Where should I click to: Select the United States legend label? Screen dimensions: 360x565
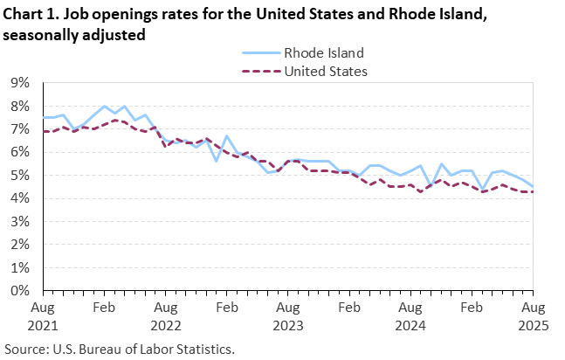click(326, 71)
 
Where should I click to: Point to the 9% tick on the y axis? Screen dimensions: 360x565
click(19, 83)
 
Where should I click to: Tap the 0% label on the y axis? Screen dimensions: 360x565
click(19, 290)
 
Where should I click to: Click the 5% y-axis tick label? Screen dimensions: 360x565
click(19, 175)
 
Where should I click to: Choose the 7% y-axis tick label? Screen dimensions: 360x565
click(19, 129)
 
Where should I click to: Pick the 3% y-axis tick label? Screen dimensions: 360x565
click(19, 221)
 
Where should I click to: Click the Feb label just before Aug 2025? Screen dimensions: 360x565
click(472, 308)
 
